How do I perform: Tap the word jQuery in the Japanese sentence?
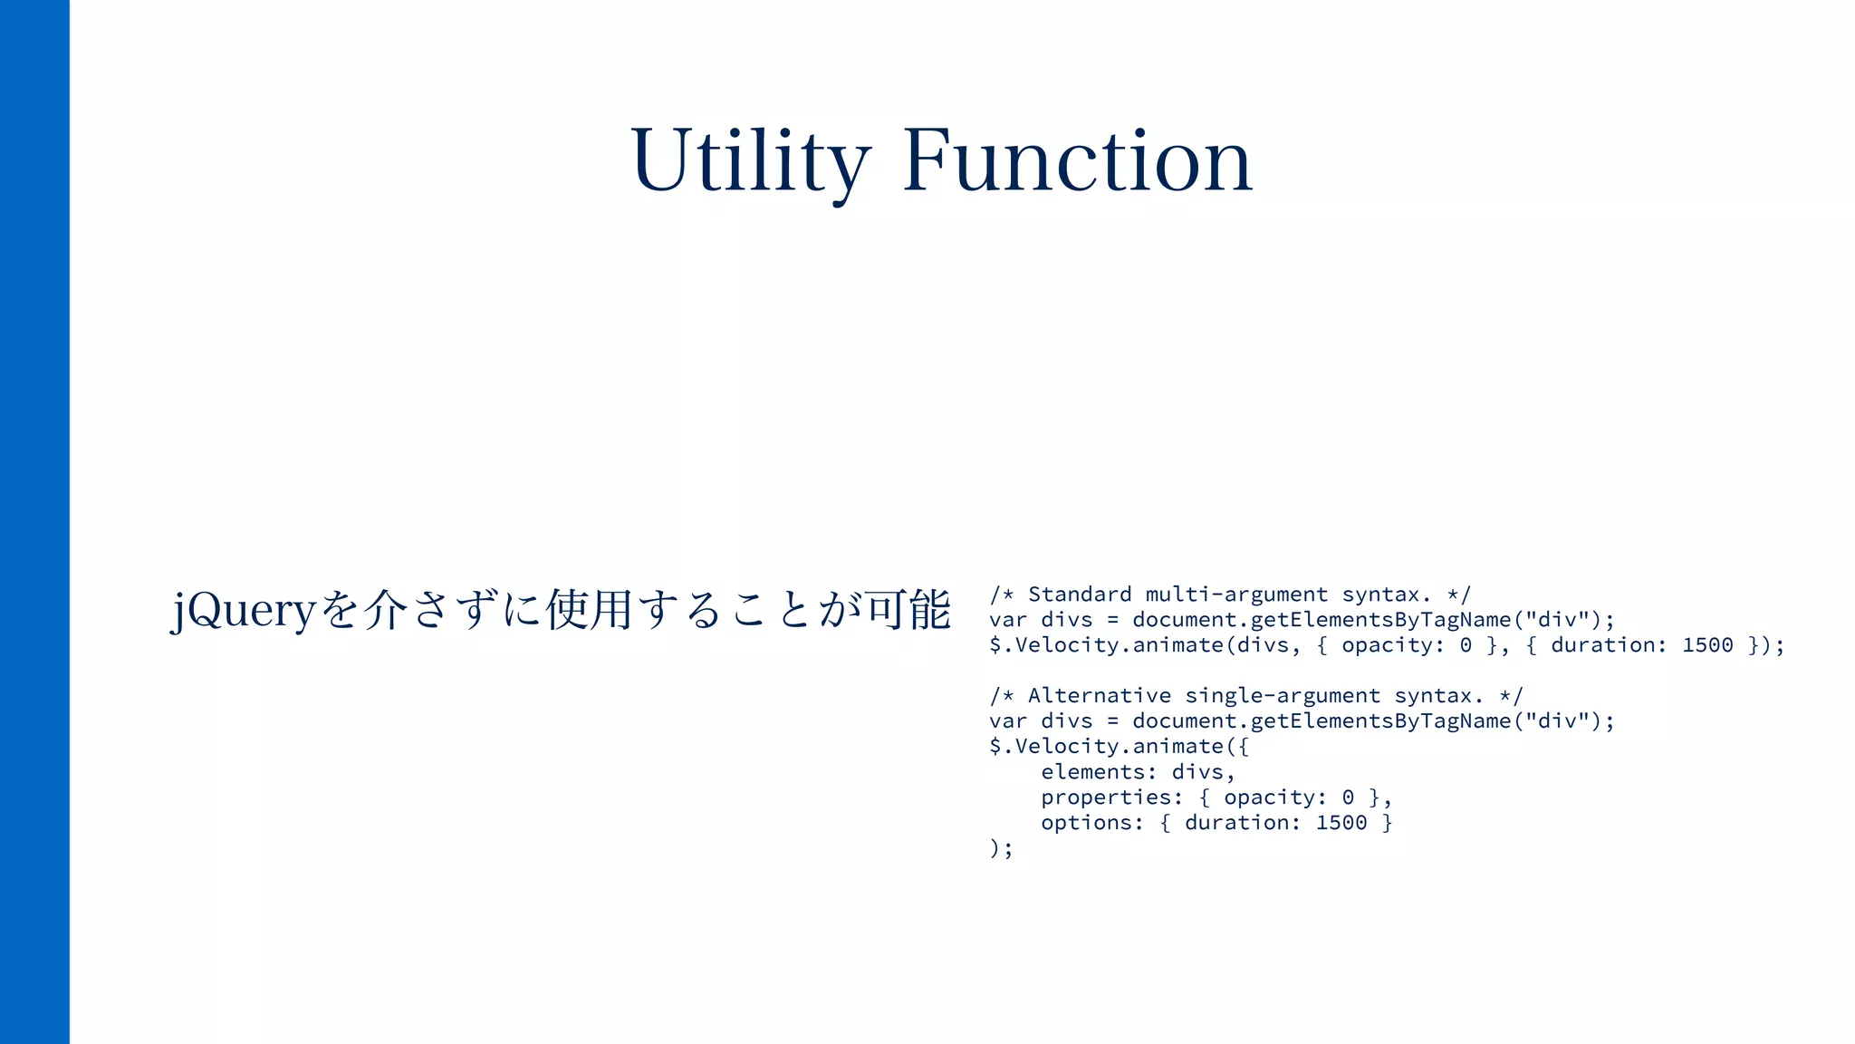[243, 609]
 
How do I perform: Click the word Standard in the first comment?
[1079, 594]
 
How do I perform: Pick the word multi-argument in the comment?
[1236, 594]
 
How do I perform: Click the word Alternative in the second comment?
[1099, 696]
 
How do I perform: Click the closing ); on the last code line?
[1001, 848]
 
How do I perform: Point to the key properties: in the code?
[1111, 797]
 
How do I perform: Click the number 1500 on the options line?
[1341, 823]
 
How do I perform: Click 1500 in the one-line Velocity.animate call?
[1707, 645]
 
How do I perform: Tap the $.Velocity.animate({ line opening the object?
[1119, 747]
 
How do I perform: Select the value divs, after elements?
[1203, 772]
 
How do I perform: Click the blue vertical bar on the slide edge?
[34, 522]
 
